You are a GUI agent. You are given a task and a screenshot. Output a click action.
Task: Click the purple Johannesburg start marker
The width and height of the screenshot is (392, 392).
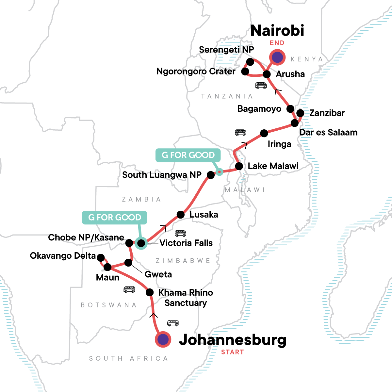coord(163,340)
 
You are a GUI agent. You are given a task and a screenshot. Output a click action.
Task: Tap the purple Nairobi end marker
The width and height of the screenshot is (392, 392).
coord(277,57)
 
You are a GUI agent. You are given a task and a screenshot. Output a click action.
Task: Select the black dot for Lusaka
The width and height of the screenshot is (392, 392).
coord(181,215)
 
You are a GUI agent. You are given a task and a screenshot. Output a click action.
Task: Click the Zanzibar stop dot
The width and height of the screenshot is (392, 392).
coord(300,113)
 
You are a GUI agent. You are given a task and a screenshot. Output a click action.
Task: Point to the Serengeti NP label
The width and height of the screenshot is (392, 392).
coord(226,50)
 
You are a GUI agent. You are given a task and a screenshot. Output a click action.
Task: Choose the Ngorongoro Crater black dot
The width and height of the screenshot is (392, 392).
coord(245,71)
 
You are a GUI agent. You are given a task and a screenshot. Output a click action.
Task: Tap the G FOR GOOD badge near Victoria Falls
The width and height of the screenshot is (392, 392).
coord(115,218)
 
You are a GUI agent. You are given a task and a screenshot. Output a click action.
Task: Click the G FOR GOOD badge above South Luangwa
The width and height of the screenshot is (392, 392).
coord(188,155)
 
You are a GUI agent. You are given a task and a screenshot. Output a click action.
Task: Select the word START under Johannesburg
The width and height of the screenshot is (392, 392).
coord(232,352)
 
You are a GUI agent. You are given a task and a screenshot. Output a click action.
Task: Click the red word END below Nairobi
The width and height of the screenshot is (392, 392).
coord(277,43)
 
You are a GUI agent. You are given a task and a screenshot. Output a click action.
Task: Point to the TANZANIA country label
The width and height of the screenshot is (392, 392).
coord(227,96)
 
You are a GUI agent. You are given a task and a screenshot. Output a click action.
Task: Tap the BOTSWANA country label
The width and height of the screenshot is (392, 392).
coord(108,305)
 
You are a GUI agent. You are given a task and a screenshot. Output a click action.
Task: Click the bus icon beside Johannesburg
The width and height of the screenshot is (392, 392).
coord(173,323)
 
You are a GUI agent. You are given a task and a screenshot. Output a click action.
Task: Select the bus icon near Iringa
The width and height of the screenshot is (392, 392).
coord(241,133)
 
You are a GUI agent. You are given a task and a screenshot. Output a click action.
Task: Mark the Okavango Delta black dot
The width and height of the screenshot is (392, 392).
coord(101,257)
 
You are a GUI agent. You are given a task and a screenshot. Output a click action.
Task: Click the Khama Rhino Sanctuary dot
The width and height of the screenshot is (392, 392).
coord(150,292)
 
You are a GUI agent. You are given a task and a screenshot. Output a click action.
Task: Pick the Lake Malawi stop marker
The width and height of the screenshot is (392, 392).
coord(239,166)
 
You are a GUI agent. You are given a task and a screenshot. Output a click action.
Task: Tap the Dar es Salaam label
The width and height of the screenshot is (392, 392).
coord(328,132)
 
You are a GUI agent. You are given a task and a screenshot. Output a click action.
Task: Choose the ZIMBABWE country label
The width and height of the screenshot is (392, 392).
coord(183,261)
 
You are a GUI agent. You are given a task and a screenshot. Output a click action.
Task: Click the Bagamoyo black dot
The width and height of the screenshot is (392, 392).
coord(290,109)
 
